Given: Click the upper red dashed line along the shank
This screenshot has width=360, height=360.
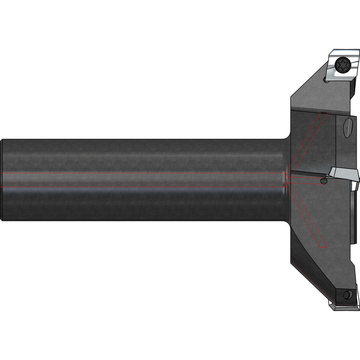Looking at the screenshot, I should pos(144,173).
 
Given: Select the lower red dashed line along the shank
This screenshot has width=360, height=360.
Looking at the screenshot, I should pos(144,187).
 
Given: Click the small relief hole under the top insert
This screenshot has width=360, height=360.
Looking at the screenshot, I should pos(326,81).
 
